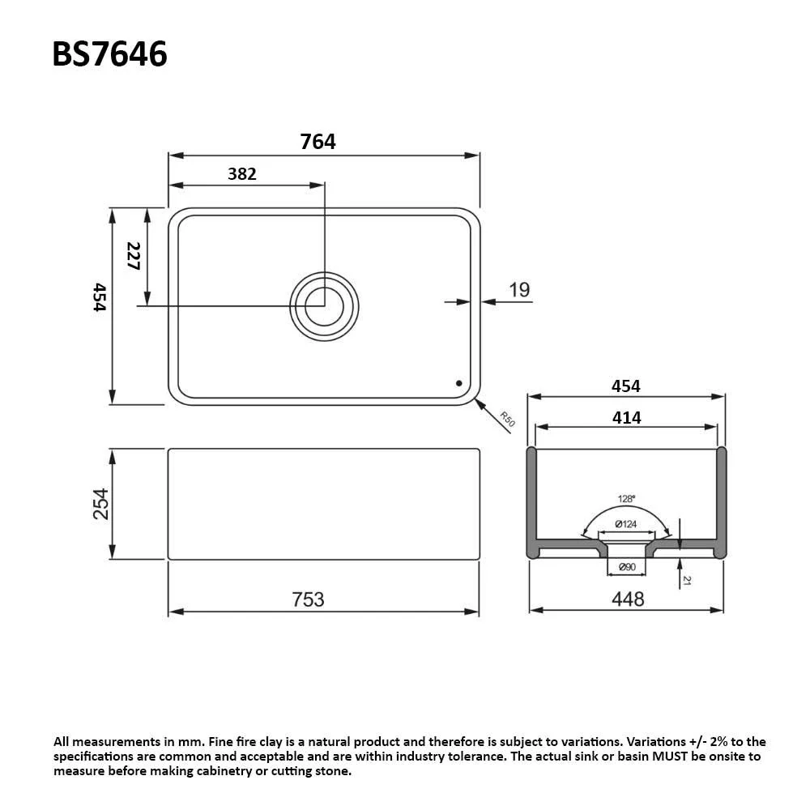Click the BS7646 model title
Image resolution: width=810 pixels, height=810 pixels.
(x=109, y=54)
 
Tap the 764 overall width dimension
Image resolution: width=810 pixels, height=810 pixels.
(x=318, y=142)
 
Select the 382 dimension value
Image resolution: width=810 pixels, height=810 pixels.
(x=241, y=173)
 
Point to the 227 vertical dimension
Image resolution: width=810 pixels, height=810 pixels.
(x=134, y=256)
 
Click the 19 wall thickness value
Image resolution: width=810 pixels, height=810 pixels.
(x=519, y=289)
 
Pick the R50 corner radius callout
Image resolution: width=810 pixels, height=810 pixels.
(x=507, y=420)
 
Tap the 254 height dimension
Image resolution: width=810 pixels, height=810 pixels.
(x=100, y=503)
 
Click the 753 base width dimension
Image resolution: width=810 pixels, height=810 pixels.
(x=308, y=599)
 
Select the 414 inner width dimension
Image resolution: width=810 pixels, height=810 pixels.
(x=626, y=418)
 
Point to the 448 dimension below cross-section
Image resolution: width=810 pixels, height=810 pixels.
(x=628, y=599)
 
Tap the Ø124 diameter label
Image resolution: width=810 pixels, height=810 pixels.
(x=625, y=524)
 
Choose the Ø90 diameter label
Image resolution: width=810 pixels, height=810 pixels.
(x=626, y=567)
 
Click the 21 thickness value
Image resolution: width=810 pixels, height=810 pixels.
(x=687, y=580)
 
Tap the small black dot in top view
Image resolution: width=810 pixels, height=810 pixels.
(x=458, y=382)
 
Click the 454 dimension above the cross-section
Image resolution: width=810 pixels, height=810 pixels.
(x=625, y=386)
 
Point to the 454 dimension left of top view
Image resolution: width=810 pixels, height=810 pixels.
(x=99, y=297)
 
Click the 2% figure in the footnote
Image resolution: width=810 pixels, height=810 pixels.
(x=708, y=741)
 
